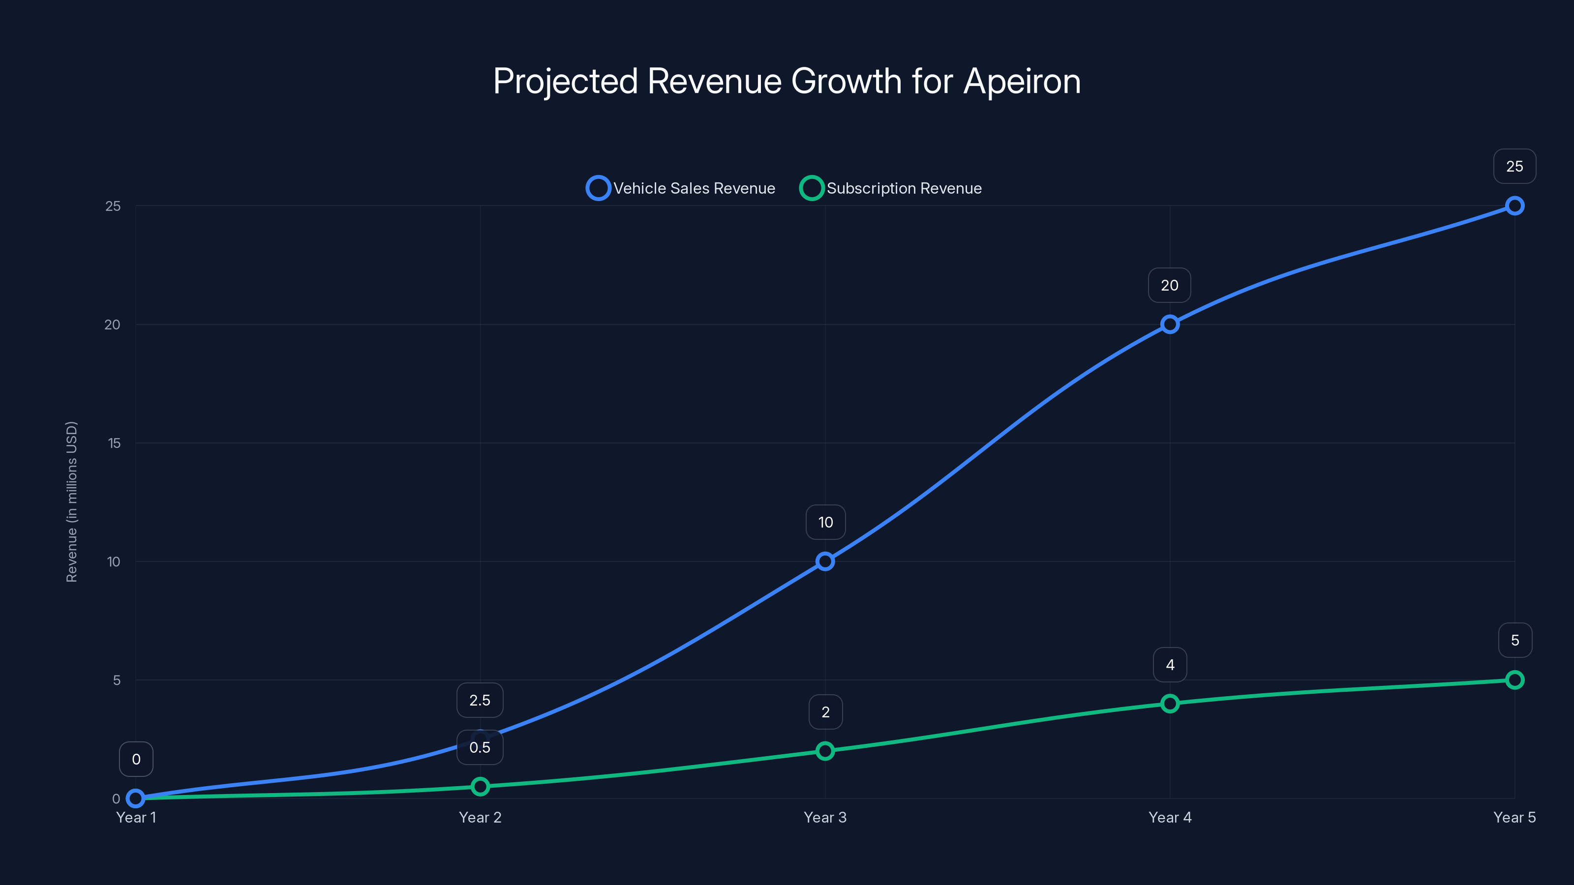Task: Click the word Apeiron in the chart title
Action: click(1022, 81)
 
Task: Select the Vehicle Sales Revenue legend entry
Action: click(681, 188)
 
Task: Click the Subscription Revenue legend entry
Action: click(891, 188)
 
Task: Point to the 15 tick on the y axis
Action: click(114, 443)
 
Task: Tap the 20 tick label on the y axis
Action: click(113, 325)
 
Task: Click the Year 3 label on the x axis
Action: click(825, 817)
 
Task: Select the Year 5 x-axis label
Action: click(1514, 817)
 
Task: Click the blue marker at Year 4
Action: click(1170, 324)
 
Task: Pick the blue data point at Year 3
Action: click(825, 561)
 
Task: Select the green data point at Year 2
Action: click(480, 786)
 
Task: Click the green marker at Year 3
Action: click(825, 751)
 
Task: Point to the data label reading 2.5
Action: click(480, 700)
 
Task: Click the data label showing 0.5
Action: click(480, 747)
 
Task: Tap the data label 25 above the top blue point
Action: click(1514, 166)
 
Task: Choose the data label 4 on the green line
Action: click(1170, 665)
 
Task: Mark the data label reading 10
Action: click(825, 522)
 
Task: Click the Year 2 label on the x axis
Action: click(480, 817)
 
